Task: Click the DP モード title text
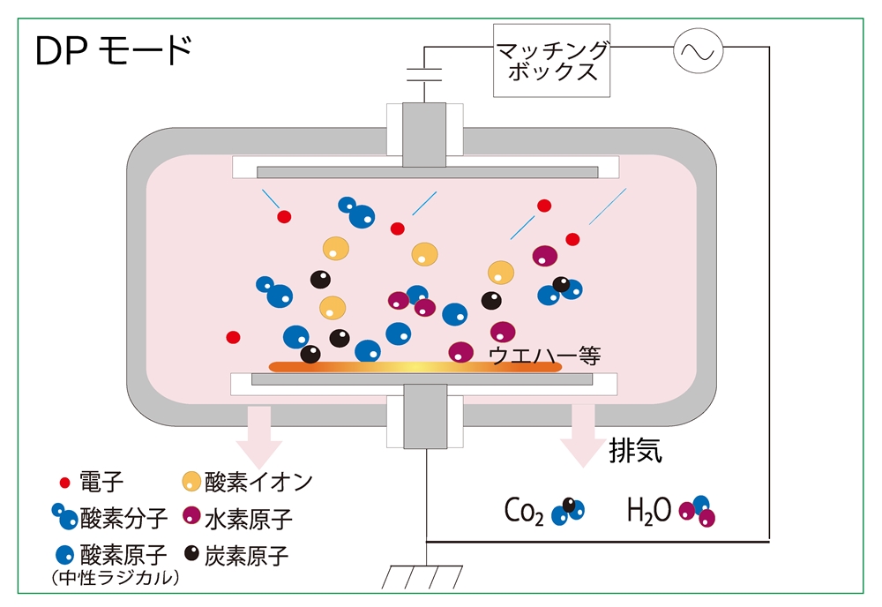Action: [113, 52]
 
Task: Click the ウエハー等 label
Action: [544, 356]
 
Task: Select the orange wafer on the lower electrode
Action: [415, 365]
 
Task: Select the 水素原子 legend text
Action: [248, 517]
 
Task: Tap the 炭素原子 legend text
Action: [248, 555]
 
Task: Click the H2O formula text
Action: [649, 509]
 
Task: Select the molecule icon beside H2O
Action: [698, 511]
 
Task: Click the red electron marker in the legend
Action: [64, 483]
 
